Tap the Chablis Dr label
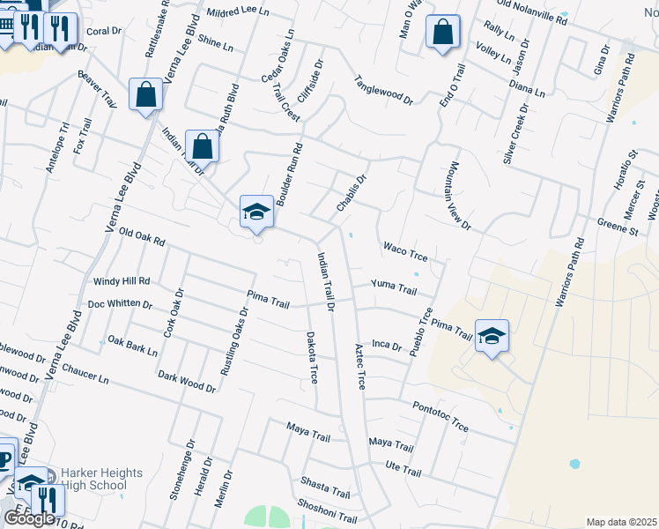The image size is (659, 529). [351, 192]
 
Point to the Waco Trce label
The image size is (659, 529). [404, 252]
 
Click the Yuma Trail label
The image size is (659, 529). [393, 287]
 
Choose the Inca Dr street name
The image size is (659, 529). [386, 345]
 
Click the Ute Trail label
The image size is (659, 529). [404, 468]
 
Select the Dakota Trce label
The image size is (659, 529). [312, 357]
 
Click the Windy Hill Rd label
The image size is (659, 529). [122, 281]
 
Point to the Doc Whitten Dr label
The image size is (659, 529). [120, 305]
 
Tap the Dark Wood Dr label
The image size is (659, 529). [187, 381]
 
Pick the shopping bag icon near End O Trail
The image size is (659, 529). [443, 33]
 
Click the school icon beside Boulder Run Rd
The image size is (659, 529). [256, 211]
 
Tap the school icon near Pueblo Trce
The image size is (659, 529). [492, 336]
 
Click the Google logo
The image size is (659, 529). [29, 518]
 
